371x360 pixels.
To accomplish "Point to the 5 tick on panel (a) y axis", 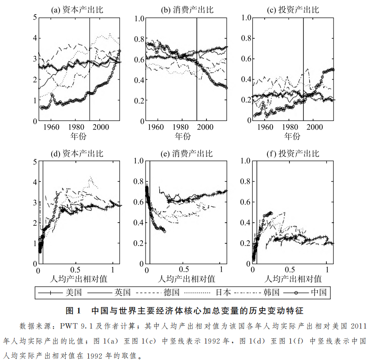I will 34,18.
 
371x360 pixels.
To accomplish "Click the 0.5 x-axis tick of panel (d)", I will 75,270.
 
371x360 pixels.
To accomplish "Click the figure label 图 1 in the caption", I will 72,311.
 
